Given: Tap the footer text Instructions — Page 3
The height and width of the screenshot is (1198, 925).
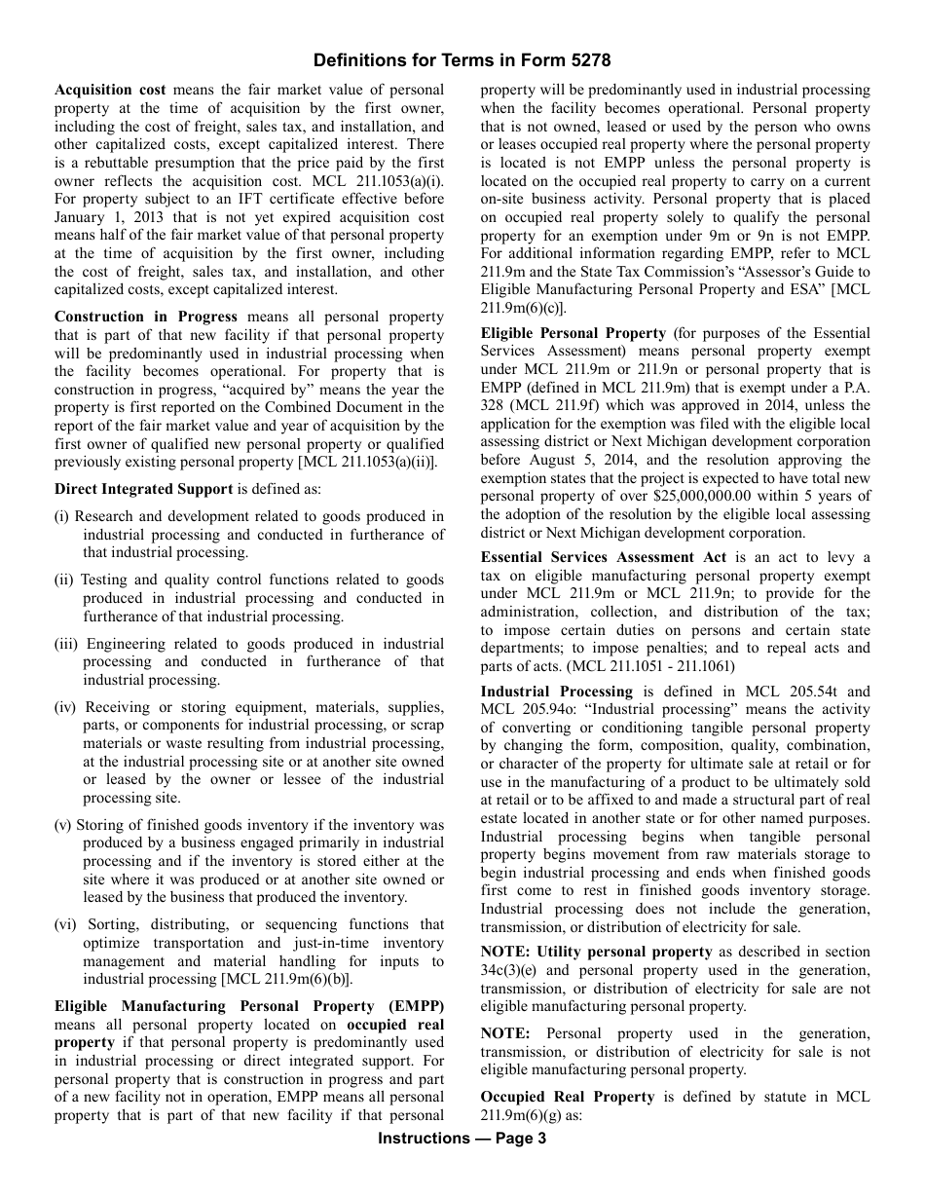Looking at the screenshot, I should point(462,1139).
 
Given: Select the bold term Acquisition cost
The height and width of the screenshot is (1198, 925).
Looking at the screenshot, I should point(110,90).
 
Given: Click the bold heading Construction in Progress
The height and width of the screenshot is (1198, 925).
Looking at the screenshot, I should point(146,317).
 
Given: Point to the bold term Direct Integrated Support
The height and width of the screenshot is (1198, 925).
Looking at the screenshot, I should point(143,489).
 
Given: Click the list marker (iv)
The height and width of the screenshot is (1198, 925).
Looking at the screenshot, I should point(66,707).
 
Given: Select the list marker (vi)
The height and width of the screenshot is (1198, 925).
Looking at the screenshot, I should point(66,924).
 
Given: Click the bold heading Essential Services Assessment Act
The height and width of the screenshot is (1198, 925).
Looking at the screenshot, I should point(603,557).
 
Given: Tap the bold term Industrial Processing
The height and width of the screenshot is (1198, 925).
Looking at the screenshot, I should point(556,692).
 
